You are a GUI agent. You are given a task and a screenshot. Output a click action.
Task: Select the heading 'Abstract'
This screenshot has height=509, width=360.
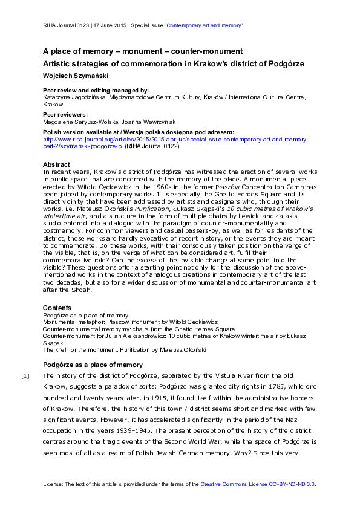pos(56,164)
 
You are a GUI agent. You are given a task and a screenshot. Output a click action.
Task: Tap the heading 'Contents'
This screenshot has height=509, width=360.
pos(57,308)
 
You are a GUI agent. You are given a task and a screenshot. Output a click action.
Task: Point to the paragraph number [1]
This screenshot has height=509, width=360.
pos(25,377)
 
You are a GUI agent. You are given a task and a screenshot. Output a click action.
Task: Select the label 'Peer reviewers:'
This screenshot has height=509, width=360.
pos(65,114)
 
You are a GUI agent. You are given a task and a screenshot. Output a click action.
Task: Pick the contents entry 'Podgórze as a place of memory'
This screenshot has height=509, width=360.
pos(85,316)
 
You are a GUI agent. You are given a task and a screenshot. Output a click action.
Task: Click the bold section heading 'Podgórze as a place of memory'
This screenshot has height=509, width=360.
pos(93,365)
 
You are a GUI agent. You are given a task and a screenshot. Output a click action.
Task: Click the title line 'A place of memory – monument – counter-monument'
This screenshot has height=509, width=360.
pos(143,51)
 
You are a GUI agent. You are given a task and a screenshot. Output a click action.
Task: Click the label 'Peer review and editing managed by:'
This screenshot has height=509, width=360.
pos(96,89)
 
